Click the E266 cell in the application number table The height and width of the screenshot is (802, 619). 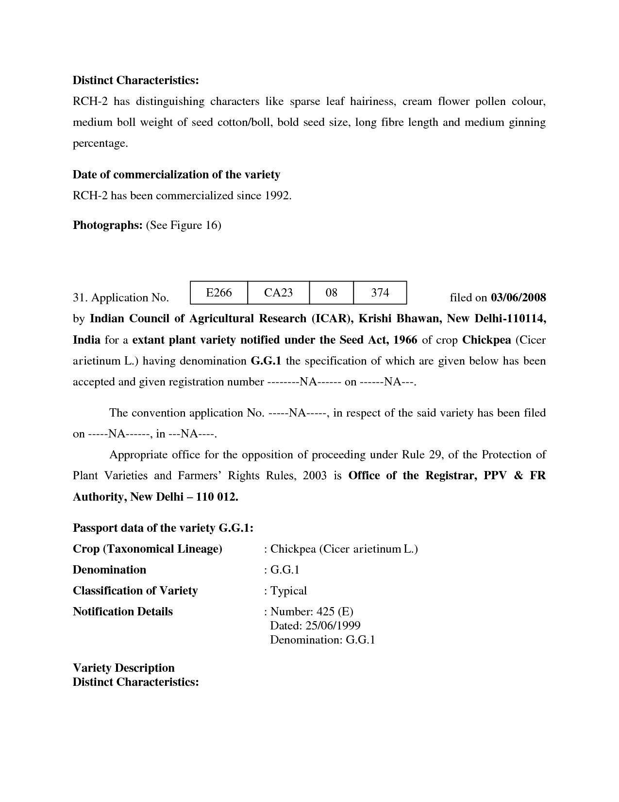click(218, 293)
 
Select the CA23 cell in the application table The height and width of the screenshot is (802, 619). click(278, 293)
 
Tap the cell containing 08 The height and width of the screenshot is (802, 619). click(331, 293)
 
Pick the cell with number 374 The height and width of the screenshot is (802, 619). click(380, 293)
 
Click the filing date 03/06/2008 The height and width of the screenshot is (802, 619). click(519, 297)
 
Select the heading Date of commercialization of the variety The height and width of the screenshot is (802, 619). click(176, 174)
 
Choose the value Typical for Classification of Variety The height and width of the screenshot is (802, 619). click(288, 591)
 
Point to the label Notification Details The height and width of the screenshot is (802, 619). click(123, 611)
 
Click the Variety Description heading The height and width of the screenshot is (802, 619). click(123, 668)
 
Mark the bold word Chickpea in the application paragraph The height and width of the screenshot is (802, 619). click(486, 340)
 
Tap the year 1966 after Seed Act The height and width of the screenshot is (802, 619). click(405, 340)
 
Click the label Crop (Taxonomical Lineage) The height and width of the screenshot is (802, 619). click(148, 549)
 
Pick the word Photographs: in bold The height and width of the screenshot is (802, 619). click(107, 225)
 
